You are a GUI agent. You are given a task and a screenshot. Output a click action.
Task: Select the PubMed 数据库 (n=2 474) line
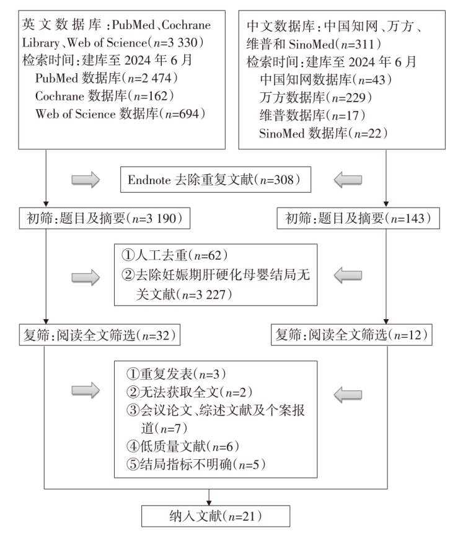pyautogui.click(x=107, y=78)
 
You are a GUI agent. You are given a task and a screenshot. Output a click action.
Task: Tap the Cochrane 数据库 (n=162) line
pyautogui.click(x=105, y=96)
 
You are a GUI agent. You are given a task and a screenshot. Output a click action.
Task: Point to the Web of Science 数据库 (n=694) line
pyautogui.click(x=120, y=114)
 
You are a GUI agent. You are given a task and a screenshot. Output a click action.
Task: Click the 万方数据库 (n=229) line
pyautogui.click(x=315, y=98)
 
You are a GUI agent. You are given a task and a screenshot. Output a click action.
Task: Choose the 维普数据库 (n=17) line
pyautogui.click(x=312, y=115)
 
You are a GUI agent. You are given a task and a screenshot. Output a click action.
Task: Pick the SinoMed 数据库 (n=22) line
pyautogui.click(x=323, y=133)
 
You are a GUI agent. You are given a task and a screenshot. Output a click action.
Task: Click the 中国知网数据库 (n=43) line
pyautogui.click(x=325, y=80)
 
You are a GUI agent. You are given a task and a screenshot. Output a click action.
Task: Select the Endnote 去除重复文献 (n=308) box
pyautogui.click(x=216, y=180)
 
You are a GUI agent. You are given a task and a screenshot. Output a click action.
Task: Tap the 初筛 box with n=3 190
pyautogui.click(x=105, y=219)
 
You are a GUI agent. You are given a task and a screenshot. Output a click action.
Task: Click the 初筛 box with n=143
pyautogui.click(x=358, y=219)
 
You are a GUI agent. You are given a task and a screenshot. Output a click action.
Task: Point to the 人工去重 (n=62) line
pyautogui.click(x=174, y=255)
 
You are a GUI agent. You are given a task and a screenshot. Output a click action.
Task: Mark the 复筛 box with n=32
pyautogui.click(x=100, y=335)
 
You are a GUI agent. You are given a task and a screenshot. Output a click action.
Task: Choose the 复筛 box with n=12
pyautogui.click(x=351, y=335)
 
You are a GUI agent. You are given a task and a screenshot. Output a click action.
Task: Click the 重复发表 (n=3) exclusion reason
pyautogui.click(x=176, y=374)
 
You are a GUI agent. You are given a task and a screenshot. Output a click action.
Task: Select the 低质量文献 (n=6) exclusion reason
pyautogui.click(x=183, y=446)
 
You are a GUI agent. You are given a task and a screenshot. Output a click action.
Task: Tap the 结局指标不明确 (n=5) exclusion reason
pyautogui.click(x=196, y=464)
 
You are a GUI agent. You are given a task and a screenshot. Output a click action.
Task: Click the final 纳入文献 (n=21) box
pyautogui.click(x=216, y=516)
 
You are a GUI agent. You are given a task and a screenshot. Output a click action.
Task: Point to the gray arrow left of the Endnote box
pyautogui.click(x=86, y=180)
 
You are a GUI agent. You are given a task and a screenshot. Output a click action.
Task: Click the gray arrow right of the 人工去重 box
pyautogui.click(x=348, y=276)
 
